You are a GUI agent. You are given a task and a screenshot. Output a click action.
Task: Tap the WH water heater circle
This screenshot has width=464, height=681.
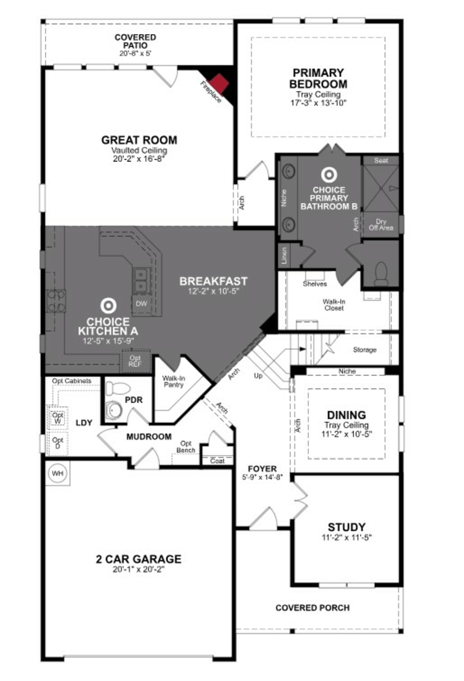point(57,473)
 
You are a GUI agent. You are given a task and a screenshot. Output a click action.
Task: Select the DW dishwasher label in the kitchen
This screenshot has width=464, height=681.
point(141,304)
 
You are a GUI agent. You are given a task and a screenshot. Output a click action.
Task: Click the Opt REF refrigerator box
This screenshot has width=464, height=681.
point(135,361)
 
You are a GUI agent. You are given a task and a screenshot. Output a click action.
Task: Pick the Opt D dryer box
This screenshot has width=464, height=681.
point(58,443)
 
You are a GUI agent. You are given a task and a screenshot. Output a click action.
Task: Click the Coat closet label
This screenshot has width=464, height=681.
point(217,461)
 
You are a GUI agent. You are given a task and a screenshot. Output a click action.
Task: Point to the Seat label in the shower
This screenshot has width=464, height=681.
point(381,161)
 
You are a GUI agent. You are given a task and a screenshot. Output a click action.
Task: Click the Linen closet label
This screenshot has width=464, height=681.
point(284,255)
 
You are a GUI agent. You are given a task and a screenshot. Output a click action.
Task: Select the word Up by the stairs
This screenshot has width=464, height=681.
point(258,376)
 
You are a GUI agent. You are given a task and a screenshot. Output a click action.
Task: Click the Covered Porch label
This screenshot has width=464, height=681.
point(312,608)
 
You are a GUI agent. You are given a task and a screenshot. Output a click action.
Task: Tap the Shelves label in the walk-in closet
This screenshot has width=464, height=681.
point(315,284)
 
